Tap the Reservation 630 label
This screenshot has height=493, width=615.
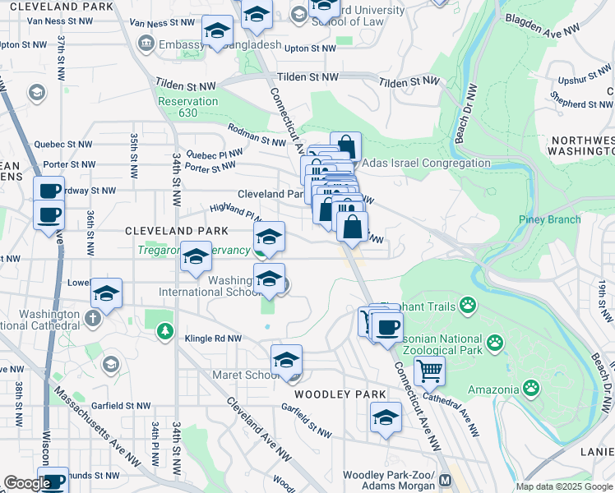(189, 107)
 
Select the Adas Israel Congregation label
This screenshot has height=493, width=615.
(426, 164)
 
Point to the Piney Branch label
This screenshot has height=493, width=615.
(549, 219)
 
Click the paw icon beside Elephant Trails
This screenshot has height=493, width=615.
(468, 306)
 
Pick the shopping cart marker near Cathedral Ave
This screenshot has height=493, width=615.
(428, 371)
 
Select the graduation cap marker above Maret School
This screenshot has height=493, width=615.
(286, 359)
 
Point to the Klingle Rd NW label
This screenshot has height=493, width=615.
(212, 338)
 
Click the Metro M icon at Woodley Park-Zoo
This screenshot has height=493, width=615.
(445, 480)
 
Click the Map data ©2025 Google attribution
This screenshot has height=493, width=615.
(564, 486)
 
